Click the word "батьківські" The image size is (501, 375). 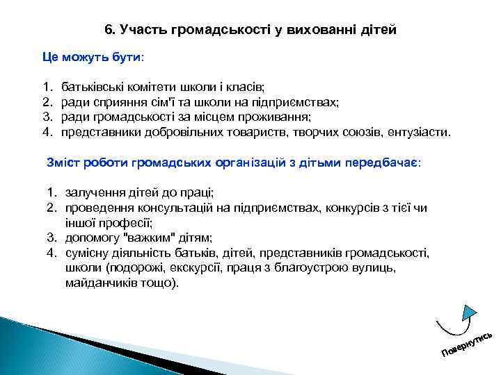91,88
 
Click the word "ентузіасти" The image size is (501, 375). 424,130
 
